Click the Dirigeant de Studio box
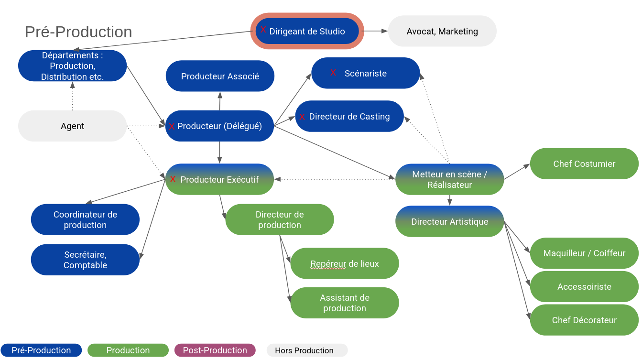coord(307,32)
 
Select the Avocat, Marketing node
coord(442,32)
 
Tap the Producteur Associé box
coord(220,76)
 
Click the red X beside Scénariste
coord(333,73)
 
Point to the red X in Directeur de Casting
coord(302,117)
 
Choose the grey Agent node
coord(72,126)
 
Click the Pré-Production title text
coord(78,32)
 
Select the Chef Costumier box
coord(584,164)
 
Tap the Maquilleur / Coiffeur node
coord(584,253)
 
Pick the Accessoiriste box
coord(584,287)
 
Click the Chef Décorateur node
coord(584,320)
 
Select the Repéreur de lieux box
coord(345,263)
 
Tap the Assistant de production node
coord(345,303)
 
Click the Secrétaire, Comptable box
coord(85,260)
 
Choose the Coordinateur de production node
coord(85,220)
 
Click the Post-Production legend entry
coord(215,350)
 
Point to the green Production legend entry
coord(128,350)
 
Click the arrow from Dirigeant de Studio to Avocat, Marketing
coord(376,31)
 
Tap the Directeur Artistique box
coord(449,222)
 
